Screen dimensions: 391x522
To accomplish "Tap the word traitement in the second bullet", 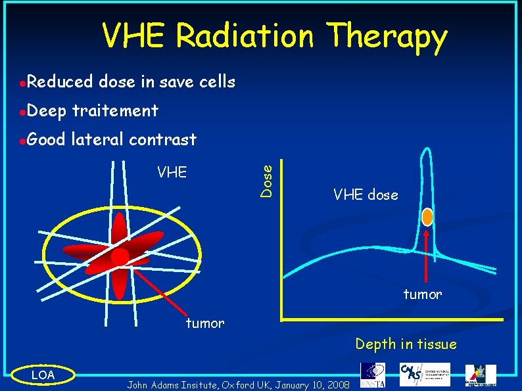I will tap(115, 110).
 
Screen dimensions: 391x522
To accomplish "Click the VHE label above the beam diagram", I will tap(172, 172).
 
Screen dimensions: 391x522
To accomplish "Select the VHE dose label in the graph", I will tap(366, 195).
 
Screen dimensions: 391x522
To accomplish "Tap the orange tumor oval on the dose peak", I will tap(427, 216).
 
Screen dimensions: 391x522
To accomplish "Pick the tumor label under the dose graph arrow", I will tap(422, 294).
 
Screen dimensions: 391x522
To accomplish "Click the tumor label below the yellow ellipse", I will tap(205, 323).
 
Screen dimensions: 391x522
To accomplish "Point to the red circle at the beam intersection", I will tap(120, 257).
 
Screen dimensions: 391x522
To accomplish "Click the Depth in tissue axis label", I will tap(406, 344).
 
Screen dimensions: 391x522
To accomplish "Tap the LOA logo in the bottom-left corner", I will tap(43, 375).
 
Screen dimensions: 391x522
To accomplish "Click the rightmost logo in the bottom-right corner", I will tap(481, 375).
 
